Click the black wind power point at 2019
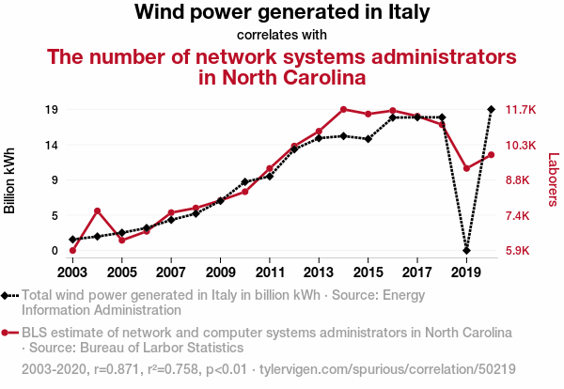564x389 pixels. (x=466, y=251)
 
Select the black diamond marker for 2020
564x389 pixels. (x=491, y=109)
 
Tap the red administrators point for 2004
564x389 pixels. (x=97, y=210)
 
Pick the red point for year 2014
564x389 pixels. (x=343, y=109)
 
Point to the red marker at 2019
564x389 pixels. (x=466, y=168)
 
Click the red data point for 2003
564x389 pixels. (x=72, y=251)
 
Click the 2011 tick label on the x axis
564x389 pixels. (x=269, y=272)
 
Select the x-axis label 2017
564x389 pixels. (x=416, y=272)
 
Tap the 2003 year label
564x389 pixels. (x=72, y=272)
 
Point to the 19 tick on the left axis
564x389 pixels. (x=54, y=109)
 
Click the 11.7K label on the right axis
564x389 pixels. (x=520, y=109)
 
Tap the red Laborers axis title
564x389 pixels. (x=553, y=179)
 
